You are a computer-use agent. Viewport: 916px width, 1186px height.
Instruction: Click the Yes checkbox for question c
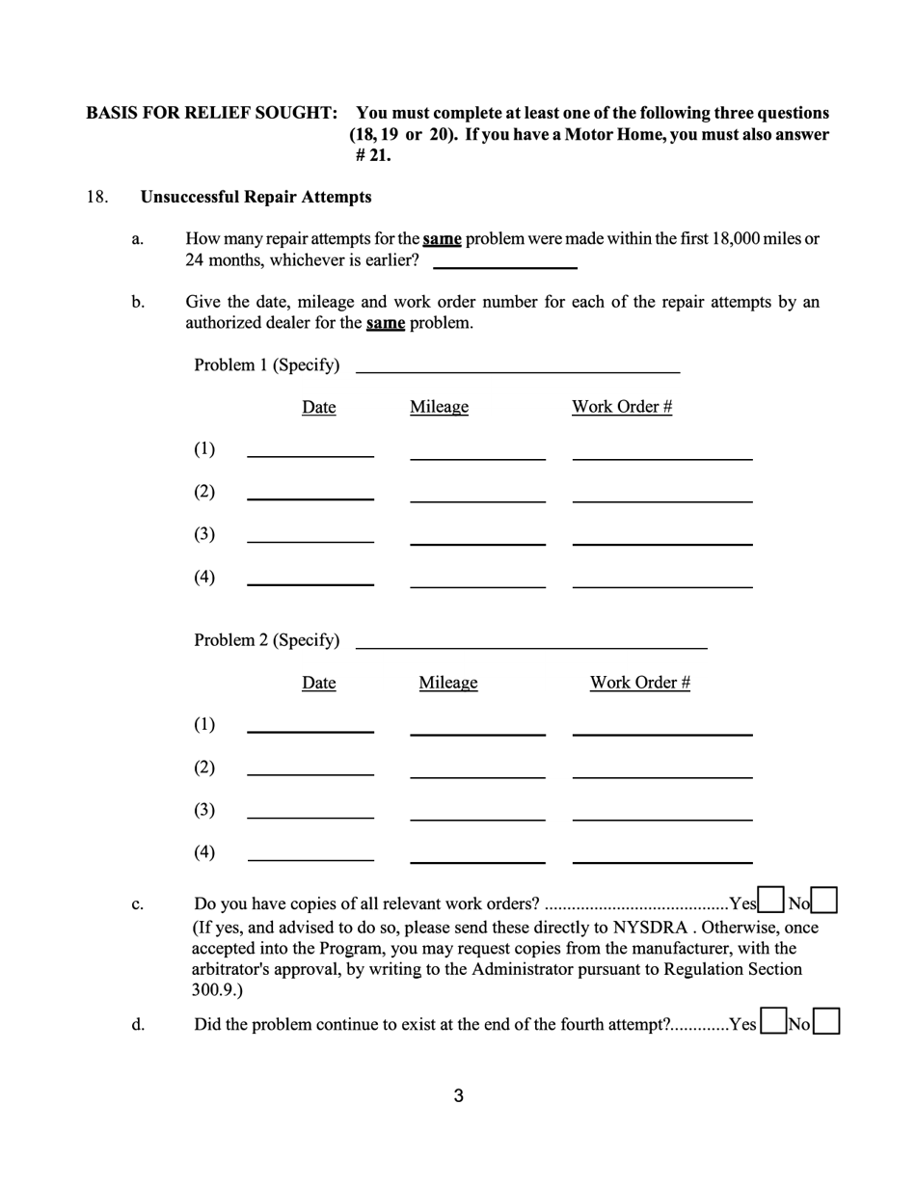(770, 900)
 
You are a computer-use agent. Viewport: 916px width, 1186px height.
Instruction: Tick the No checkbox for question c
(824, 900)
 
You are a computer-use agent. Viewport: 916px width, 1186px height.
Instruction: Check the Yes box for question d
(772, 1021)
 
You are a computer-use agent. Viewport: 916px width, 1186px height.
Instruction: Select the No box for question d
(826, 1021)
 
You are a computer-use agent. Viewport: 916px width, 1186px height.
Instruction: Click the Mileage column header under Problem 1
(439, 407)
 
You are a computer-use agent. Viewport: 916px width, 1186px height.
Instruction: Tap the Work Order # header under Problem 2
(640, 683)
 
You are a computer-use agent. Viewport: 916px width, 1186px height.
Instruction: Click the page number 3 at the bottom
(458, 1095)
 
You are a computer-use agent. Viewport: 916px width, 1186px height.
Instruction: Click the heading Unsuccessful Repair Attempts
(256, 197)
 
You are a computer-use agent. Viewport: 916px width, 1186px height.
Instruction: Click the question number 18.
(96, 197)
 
